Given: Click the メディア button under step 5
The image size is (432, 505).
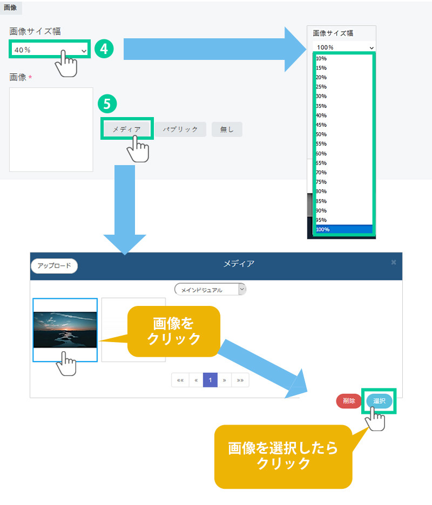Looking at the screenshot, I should coord(126,129).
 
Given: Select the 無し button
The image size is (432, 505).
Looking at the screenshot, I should coord(227,129).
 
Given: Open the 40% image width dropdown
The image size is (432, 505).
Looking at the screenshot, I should coord(50,50).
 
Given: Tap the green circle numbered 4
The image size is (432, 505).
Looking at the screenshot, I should coord(104,49).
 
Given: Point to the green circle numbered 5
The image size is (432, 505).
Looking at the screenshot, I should coord(107,103).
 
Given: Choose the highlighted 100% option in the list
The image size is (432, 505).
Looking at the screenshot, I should coord(343,229).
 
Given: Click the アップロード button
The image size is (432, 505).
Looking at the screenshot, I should coord(54,266).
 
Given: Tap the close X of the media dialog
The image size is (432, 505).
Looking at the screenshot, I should coord(394,262).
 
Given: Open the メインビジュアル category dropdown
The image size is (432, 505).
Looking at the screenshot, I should coord(210,290).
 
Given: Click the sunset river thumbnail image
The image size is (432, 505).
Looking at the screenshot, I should coord(65,330).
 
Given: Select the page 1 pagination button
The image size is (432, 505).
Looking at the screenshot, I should coord(210,380).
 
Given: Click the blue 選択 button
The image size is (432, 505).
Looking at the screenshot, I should coord(379,401).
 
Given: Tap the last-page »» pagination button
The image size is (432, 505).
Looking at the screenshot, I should coord(240,380).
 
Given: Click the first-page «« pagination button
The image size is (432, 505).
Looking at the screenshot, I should coord(180,380).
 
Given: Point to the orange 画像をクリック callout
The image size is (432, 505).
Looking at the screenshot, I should coord(173,331).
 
